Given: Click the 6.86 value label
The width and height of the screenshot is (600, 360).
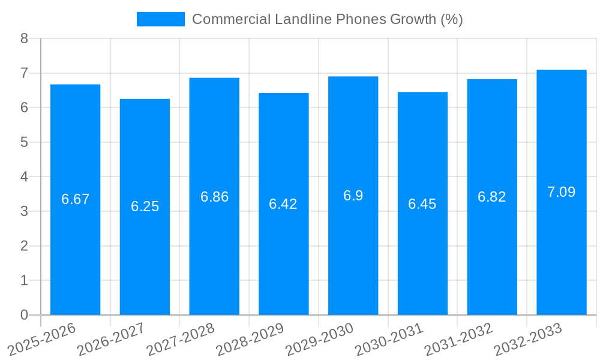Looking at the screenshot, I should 214,197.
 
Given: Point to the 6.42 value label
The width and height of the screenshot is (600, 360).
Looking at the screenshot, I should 283,204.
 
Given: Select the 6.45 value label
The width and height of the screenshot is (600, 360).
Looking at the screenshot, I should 422,204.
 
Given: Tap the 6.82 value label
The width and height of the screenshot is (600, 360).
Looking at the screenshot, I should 492,197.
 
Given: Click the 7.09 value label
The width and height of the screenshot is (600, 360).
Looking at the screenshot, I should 561,192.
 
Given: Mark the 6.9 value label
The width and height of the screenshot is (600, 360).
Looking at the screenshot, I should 353,196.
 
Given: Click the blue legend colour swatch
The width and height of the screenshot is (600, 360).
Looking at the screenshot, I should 161,19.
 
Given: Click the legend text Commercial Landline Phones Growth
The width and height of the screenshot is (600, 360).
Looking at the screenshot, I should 327,19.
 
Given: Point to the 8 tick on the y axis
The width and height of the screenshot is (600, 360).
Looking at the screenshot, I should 24,38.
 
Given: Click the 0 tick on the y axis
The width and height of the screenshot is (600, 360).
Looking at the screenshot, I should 24,315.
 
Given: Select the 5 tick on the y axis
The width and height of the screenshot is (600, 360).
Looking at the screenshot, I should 24,142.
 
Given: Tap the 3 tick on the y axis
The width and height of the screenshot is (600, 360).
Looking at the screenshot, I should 24,211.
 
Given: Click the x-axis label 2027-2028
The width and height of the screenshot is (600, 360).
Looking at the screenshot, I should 181,339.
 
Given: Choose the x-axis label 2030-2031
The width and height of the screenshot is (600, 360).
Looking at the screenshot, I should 389,339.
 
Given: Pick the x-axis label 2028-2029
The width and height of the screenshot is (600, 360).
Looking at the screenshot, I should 250,339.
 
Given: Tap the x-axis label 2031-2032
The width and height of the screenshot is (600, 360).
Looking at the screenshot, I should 458,339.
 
